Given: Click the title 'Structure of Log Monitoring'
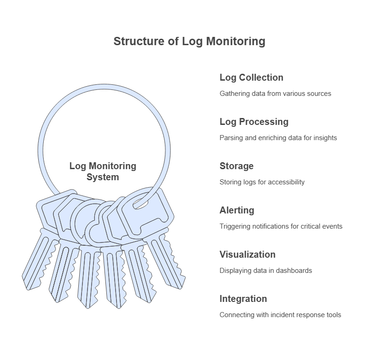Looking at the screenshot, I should point(189,41).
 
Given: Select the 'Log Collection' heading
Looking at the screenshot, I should point(251,77).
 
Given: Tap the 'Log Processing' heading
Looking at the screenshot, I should point(254,122).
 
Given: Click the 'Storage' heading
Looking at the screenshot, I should point(236,166).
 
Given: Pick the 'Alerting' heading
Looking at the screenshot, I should point(237,210).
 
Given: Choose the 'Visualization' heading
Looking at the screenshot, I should point(247,254).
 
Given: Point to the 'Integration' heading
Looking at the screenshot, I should point(243,299).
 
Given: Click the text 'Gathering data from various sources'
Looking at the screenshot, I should point(275,94).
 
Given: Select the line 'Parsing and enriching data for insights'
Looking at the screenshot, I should point(278,138).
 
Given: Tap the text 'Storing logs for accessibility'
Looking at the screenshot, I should point(262,182).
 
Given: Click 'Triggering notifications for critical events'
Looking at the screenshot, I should point(281,226).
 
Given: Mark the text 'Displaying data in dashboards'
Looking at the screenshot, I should point(266,271).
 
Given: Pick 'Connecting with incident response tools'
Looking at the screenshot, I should point(280,315).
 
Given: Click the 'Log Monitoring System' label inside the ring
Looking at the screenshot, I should point(103,171).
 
